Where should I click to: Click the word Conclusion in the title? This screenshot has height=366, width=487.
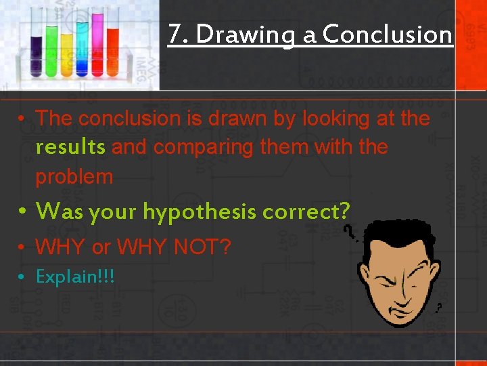(388, 33)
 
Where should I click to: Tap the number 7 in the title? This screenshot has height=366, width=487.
(174, 33)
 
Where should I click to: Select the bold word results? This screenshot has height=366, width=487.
(70, 147)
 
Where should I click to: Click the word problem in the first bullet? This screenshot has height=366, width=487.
(74, 176)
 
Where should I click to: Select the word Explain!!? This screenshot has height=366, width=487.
(75, 277)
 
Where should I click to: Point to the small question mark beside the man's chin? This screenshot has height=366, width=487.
(439, 308)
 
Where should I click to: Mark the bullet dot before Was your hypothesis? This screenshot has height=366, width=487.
(23, 211)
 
